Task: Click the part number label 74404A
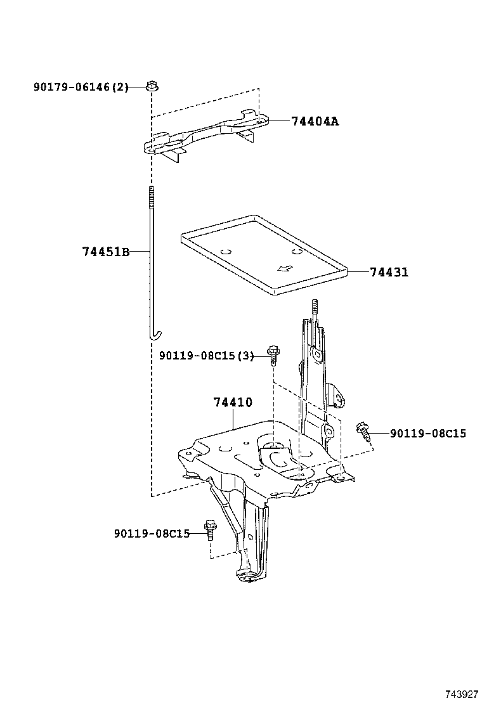point(315,121)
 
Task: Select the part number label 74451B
point(105,252)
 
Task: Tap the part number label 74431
point(389,272)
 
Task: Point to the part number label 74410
point(233,403)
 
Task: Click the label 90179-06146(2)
point(81,87)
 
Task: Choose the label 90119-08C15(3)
point(205,356)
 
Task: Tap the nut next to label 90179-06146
point(151,85)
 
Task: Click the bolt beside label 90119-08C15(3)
point(273,354)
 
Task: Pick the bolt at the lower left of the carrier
point(209,529)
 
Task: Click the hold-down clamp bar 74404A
point(203,136)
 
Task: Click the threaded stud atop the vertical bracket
point(313,311)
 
